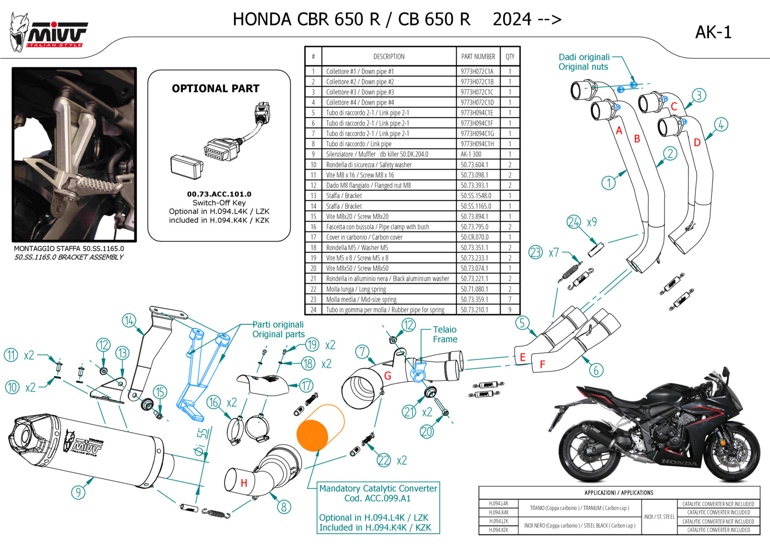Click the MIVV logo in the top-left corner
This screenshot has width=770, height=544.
(49, 33)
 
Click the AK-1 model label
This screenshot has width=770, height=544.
(713, 32)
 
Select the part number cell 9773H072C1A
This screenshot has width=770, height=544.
(477, 71)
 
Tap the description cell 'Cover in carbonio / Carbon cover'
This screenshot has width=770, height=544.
(364, 237)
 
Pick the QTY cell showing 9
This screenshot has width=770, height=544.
(510, 310)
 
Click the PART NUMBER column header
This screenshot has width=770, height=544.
(478, 56)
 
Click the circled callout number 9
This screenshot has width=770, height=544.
(78, 493)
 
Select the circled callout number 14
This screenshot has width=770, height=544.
(129, 321)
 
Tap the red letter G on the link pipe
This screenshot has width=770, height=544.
(388, 376)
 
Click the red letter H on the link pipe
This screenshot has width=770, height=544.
(244, 483)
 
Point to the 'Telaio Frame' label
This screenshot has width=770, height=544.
(445, 334)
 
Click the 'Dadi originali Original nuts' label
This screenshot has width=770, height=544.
(584, 62)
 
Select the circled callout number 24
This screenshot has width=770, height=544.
(573, 222)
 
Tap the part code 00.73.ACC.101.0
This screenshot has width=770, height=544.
(219, 194)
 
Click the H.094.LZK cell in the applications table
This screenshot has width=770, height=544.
(498, 521)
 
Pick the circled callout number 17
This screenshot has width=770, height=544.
(306, 385)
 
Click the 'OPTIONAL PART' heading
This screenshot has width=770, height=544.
(216, 88)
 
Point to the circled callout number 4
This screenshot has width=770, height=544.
(721, 125)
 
